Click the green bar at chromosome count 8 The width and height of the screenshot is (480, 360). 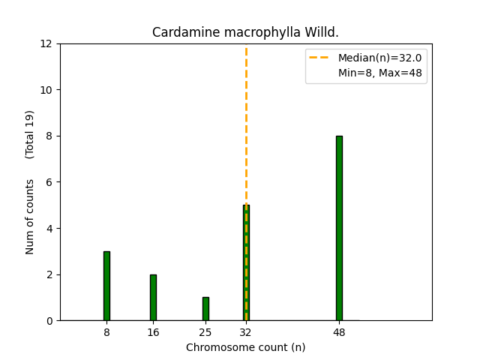point(106,286)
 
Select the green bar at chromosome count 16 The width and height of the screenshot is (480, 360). point(153,298)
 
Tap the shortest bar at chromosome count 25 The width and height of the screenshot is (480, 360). point(205,309)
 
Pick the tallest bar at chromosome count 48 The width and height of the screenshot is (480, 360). point(339,228)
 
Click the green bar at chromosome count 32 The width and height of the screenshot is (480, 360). point(246,262)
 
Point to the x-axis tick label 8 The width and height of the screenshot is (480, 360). point(106,331)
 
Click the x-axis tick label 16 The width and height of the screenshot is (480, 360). point(153,331)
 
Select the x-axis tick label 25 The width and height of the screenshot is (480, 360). point(205,331)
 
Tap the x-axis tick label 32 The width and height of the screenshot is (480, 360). point(246,331)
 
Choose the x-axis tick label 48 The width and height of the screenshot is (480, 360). point(339,331)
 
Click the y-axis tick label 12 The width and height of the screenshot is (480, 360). point(46,43)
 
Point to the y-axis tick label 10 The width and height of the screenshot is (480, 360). point(46,90)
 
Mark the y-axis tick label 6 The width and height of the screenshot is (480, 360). point(49,182)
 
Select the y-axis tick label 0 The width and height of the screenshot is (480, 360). point(49,321)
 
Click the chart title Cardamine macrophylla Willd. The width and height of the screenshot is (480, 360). point(245,33)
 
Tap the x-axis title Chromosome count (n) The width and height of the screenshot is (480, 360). point(245,347)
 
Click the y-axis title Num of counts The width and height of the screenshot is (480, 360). point(30,216)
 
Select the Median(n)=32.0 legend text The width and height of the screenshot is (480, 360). point(379,58)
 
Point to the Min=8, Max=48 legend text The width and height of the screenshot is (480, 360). point(379,73)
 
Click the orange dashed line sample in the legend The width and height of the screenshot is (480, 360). point(321,58)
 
